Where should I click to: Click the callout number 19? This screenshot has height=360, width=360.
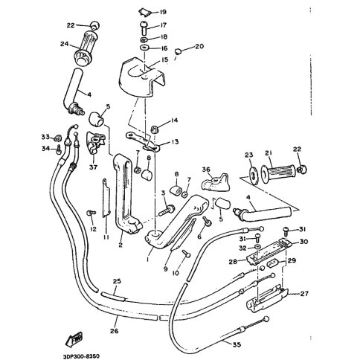pyautogui.click(x=162, y=12)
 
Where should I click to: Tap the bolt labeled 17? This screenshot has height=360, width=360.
pyautogui.click(x=144, y=28)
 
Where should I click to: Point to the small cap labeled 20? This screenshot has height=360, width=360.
pyautogui.click(x=178, y=51)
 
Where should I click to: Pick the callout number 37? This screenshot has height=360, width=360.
pyautogui.click(x=93, y=167)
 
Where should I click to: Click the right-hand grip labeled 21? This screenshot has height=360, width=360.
pyautogui.click(x=277, y=171)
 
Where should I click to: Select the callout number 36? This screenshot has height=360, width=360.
pyautogui.click(x=206, y=170)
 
